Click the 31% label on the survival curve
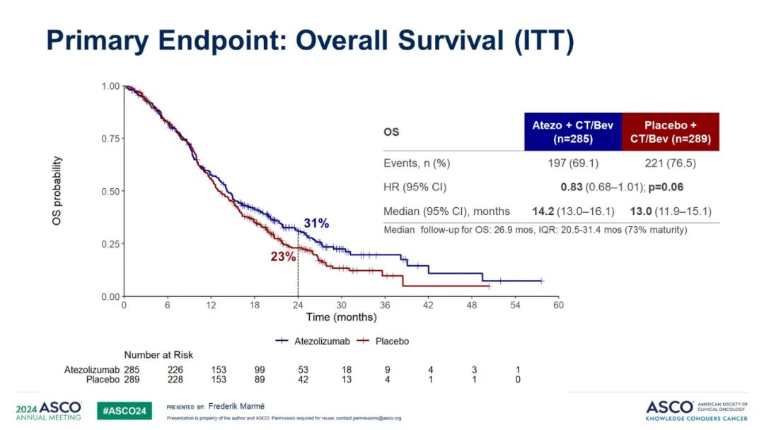pos(316,223)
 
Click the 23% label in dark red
pos(283,257)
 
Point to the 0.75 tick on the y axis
pos(110,139)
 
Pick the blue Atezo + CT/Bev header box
pos(573,131)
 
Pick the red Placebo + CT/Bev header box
pos(671,131)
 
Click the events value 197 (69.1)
pos(573,163)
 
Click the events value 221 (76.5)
pos(671,163)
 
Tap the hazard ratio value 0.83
pos(571,187)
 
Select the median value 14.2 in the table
pos(545,211)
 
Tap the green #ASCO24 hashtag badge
pos(124,410)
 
